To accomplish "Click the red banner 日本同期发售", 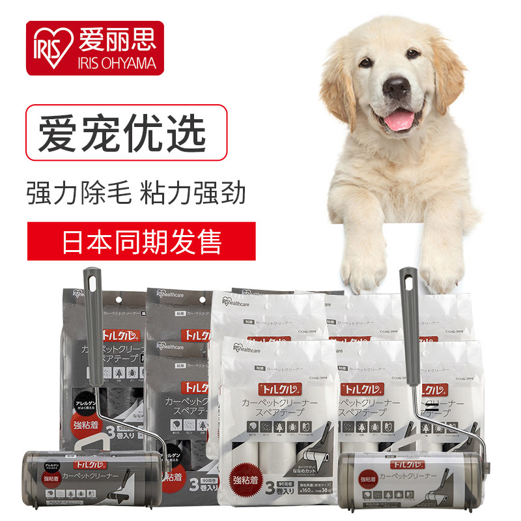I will [x=141, y=240].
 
